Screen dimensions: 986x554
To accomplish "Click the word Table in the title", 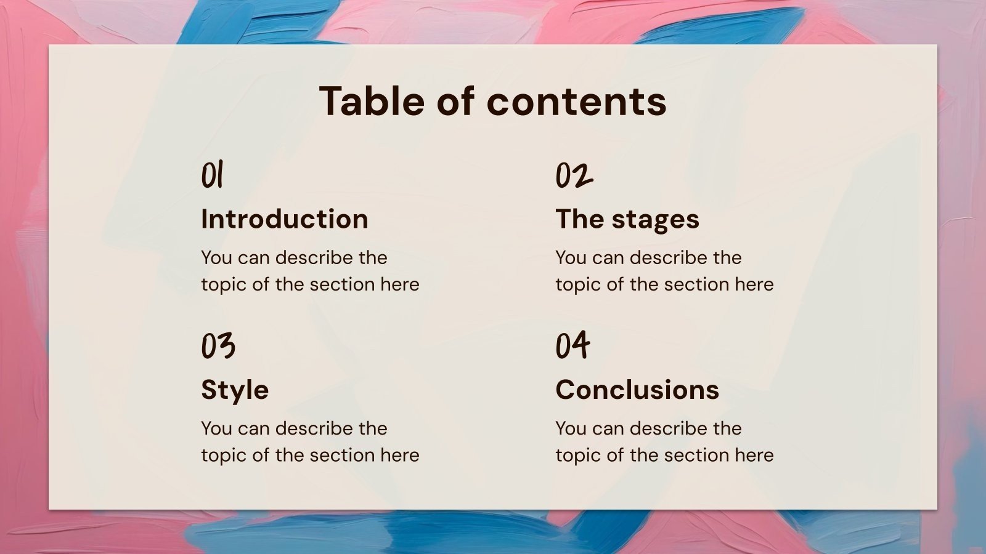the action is point(372,101).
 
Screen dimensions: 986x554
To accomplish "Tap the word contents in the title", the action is point(577,102).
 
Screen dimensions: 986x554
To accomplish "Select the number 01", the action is point(213,175).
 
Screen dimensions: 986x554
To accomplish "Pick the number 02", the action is point(574,175).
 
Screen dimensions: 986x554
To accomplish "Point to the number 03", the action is point(218,345).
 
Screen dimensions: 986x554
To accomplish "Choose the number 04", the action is point(572,345).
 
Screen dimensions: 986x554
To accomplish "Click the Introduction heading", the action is point(285,219).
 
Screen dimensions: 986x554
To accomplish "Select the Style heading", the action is point(235,390).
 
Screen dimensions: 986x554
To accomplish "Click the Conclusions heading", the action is point(637,390).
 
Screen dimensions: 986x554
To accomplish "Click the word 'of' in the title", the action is point(455,101).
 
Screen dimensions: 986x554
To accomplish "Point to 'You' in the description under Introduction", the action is point(216,258).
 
